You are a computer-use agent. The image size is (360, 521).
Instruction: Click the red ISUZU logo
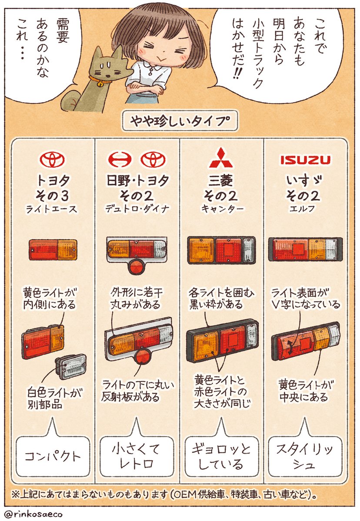tap(304, 160)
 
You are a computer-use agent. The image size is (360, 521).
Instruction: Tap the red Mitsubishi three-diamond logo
tap(221, 159)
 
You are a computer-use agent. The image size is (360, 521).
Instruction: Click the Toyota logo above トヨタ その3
tap(53, 160)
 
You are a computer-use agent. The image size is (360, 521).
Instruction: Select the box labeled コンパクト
tap(53, 457)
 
